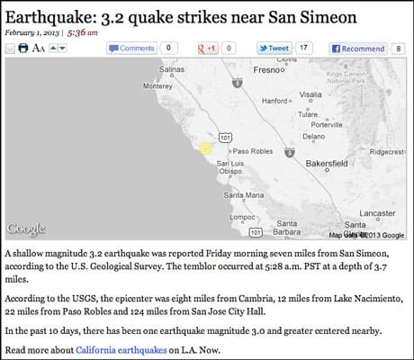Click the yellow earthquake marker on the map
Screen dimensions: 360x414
point(205,148)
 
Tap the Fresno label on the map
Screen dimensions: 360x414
point(269,68)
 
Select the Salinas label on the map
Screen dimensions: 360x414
point(177,68)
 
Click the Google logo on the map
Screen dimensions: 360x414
point(26,229)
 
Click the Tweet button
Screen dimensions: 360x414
point(275,48)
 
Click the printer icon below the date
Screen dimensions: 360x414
point(24,48)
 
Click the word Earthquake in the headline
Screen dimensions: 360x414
point(52,13)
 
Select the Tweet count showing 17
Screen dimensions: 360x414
point(304,48)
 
